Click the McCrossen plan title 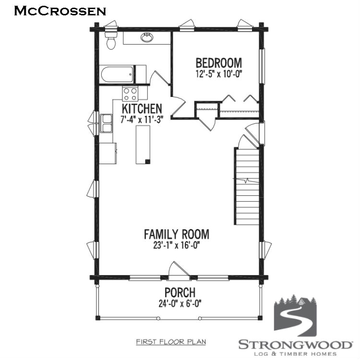click(x=60, y=11)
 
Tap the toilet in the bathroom click(x=111, y=41)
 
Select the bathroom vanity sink click(x=147, y=37)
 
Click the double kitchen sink click(x=106, y=123)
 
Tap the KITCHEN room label click(x=142, y=108)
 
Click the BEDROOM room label click(x=218, y=63)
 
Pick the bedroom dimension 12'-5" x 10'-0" click(x=218, y=74)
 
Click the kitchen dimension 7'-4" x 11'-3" click(x=142, y=120)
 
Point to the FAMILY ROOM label click(x=176, y=234)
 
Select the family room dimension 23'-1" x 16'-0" click(x=176, y=245)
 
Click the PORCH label click(x=180, y=292)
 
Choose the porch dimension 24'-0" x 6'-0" click(x=180, y=303)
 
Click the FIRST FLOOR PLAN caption click(x=171, y=342)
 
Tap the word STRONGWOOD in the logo click(x=295, y=344)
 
